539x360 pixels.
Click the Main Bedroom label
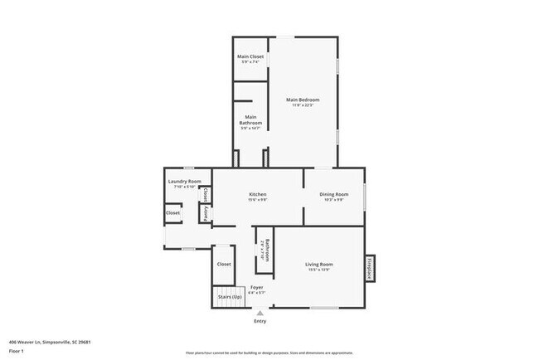(x=303, y=100)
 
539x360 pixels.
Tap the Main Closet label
(x=250, y=56)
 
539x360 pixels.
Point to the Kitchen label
(x=256, y=194)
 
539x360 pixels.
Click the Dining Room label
(x=334, y=194)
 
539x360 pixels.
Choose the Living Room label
(x=319, y=264)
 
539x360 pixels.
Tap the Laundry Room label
(x=184, y=181)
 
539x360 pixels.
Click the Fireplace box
(x=370, y=268)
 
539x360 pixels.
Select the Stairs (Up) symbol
(x=230, y=297)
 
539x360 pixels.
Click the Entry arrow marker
(x=260, y=314)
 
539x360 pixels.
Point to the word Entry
(x=260, y=322)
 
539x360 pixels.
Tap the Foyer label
(x=257, y=287)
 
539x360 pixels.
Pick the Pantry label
(x=205, y=213)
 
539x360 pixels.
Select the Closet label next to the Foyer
(x=224, y=264)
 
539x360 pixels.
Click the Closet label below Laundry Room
(x=172, y=212)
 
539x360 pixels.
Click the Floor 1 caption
(x=17, y=352)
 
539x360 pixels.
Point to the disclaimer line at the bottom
(x=269, y=352)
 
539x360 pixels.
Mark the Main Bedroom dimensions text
(x=303, y=105)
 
